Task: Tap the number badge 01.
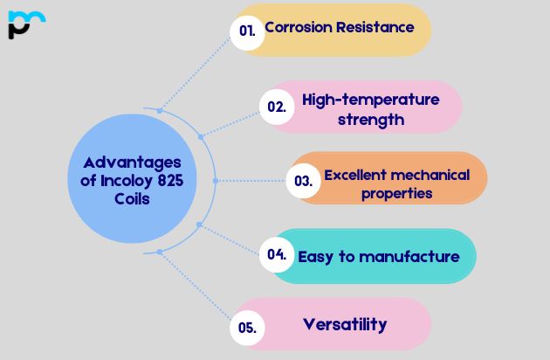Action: coord(248,31)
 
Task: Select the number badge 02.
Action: coord(277,107)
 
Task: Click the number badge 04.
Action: coord(277,255)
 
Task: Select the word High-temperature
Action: coord(370,100)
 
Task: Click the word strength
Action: coord(370,120)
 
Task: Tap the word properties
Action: coord(397,194)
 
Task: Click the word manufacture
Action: coord(409,257)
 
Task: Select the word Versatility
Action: coord(345,324)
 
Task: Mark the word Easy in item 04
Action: coord(315,257)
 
